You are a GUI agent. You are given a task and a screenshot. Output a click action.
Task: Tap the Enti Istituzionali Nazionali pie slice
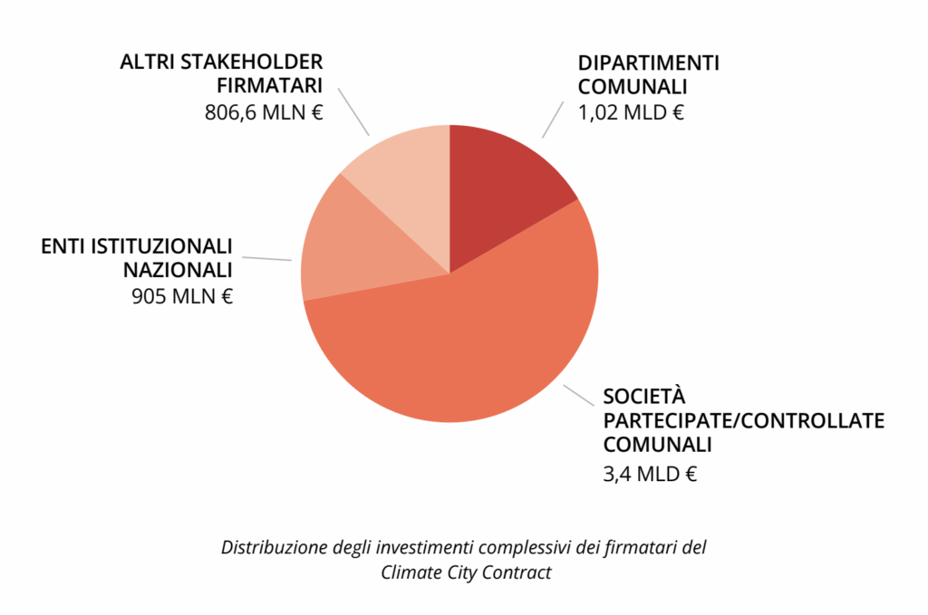362,245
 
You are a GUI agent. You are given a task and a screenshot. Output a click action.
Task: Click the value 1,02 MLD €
631,113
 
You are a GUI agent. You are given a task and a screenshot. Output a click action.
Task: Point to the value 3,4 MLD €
650,473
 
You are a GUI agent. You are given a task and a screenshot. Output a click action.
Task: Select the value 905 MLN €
182,295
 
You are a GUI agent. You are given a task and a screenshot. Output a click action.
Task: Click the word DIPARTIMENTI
648,63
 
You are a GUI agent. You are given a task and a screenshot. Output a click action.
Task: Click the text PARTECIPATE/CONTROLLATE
743,421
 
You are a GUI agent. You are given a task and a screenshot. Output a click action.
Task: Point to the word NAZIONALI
178,270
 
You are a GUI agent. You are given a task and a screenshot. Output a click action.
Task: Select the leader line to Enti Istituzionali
268,259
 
